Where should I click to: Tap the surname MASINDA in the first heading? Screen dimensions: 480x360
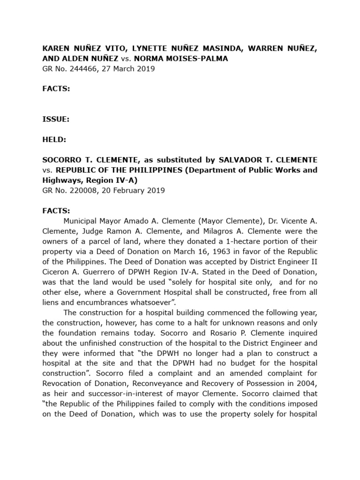tap(214, 48)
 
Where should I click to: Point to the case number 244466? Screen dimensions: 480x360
tap(81, 69)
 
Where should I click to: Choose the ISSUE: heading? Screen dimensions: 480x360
tap(56, 119)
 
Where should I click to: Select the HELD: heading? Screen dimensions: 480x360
tap(54, 139)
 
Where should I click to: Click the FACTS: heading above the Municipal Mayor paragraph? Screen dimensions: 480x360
tap(56, 210)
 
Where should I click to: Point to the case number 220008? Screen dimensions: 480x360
tap(81, 190)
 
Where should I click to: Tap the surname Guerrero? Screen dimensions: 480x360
tap(114, 272)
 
